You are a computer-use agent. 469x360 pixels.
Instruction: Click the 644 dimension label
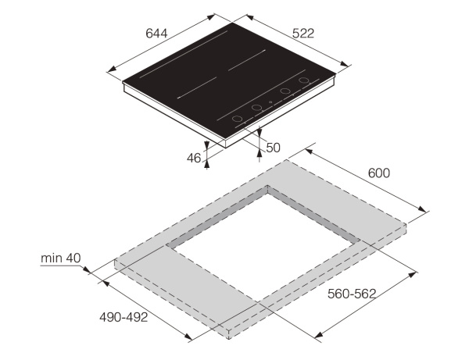(x=156, y=34)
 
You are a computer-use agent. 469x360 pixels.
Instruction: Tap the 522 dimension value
(x=303, y=34)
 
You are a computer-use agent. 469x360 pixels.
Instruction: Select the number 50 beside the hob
(x=273, y=148)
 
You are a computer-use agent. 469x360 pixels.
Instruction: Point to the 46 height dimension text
(x=194, y=158)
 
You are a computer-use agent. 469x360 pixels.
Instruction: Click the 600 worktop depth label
(x=379, y=173)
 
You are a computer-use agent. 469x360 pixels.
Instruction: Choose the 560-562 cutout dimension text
(x=352, y=294)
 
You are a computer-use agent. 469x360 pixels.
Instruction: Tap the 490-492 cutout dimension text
(x=124, y=317)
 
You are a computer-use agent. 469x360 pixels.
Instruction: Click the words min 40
(x=61, y=258)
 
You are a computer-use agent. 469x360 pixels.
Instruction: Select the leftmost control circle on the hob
(x=237, y=119)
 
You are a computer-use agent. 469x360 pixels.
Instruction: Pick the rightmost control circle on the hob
(x=303, y=80)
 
